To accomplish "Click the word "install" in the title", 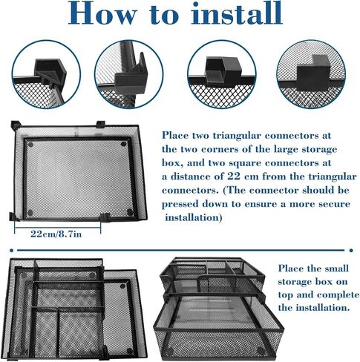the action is pos(237,13).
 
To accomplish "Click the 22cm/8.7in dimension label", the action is pos(56,234).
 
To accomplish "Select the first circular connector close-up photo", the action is pos(46,74).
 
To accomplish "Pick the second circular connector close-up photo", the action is pos(128,74).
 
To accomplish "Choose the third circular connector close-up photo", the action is pos(222,74).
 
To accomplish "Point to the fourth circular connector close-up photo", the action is pos(311,74).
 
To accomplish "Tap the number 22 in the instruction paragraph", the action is pos(233,177).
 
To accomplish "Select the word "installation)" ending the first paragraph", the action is pos(194,217).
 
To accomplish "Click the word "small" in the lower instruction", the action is pos(338,269).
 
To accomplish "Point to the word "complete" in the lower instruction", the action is pos(338,294).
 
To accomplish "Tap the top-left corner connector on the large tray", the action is pos(16,125).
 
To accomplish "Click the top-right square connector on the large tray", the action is pos(101,124).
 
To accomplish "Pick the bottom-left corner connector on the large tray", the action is pos(14,217).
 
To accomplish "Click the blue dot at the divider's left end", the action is pos(11,251).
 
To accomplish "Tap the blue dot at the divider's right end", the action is pos(351,251).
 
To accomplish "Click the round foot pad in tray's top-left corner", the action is pos(30,145).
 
